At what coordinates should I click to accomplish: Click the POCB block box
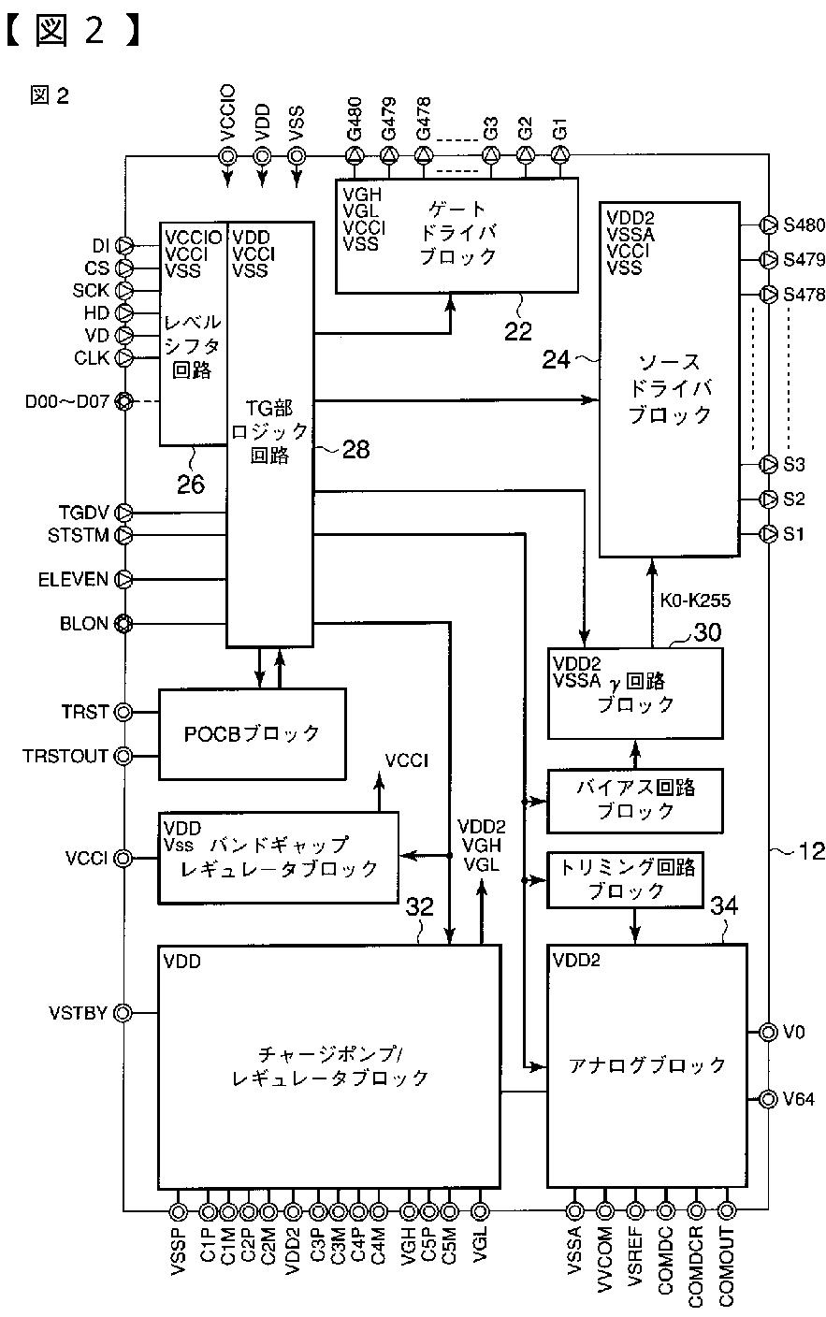point(253,733)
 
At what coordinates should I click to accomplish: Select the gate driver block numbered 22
point(456,235)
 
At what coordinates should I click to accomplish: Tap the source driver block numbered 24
point(670,379)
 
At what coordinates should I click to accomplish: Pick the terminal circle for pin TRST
point(123,712)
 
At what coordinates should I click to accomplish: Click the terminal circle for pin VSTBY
point(123,1013)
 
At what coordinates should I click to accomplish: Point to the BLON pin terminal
point(123,623)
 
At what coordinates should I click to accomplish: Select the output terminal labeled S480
point(768,224)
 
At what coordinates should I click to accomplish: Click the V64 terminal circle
point(768,1098)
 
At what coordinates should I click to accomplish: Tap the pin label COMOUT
point(727,1266)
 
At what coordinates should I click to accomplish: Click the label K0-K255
point(695,601)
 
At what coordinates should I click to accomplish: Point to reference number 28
point(355,450)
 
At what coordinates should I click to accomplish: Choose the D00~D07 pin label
point(67,402)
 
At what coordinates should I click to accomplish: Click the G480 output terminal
point(355,156)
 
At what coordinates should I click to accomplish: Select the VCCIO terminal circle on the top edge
point(227,156)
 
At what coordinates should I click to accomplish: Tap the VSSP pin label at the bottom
point(178,1252)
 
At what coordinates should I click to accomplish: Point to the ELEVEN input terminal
point(123,580)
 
